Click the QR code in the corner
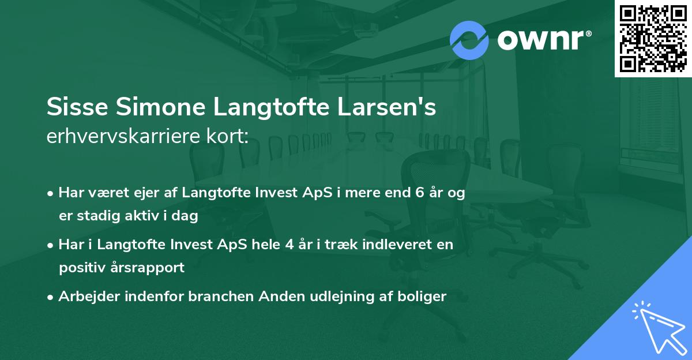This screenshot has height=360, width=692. coord(653,38)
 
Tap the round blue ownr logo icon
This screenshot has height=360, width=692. coord(469,40)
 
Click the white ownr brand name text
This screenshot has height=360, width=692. coord(544,40)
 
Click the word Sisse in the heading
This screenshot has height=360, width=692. coord(74,107)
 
